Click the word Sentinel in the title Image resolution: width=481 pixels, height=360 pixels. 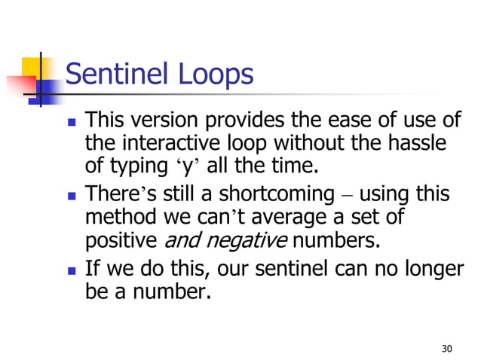coord(117,75)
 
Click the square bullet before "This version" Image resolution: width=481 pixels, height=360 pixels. coord(71,121)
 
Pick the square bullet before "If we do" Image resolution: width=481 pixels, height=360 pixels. coord(71,269)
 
